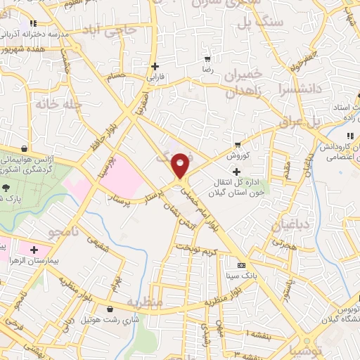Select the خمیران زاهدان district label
tap(243, 83)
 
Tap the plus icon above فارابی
tap(154, 67)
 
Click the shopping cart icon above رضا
tap(207, 59)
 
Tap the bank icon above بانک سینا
tap(243, 265)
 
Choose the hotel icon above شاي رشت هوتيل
tap(109, 309)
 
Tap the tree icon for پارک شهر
tap(6, 188)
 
